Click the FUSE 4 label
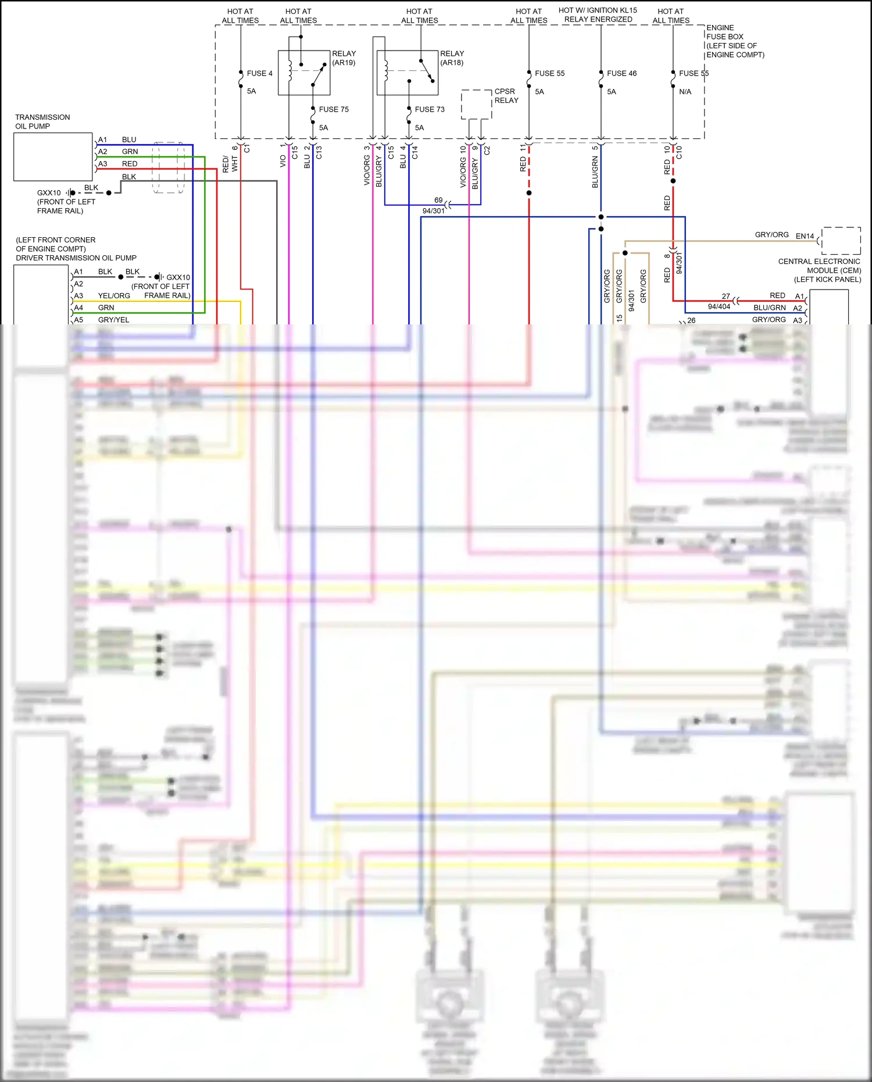point(259,73)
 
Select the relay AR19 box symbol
point(304,73)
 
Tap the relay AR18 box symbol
point(407,73)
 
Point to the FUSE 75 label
point(334,109)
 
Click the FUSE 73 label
point(430,109)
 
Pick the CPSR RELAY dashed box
point(476,104)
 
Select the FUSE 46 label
point(621,73)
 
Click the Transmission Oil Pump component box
point(53,156)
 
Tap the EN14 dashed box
point(841,240)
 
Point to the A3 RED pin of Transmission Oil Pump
point(103,164)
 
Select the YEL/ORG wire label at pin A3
point(114,296)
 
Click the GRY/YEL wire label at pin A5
point(113,320)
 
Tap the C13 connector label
point(319,153)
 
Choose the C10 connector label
point(679,153)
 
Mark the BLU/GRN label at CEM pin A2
point(769,308)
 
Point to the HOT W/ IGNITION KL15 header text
point(598,10)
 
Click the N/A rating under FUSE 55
point(685,92)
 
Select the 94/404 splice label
point(719,306)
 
